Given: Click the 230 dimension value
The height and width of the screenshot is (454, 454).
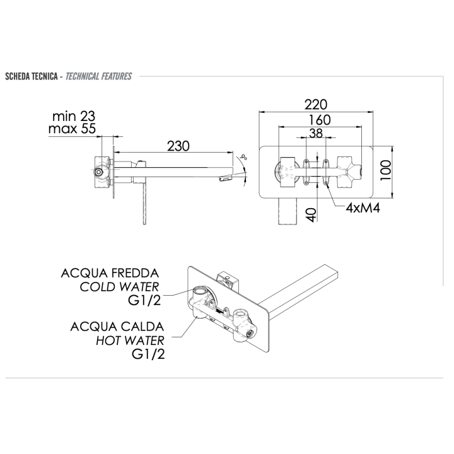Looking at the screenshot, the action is coord(178,146).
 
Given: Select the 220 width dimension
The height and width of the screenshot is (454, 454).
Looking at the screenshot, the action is coord(316,105).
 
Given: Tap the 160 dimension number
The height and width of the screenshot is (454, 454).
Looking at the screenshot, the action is coord(319,120).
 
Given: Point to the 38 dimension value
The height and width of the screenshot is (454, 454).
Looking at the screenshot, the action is coord(316,134).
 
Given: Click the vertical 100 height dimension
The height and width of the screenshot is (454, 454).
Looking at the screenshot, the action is coord(385,170).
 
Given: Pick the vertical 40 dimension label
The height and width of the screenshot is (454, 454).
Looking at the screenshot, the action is coord(312,215).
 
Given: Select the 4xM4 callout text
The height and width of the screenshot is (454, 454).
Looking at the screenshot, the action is coord(363,207).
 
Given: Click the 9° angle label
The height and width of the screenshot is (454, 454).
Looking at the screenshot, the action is coord(245,158).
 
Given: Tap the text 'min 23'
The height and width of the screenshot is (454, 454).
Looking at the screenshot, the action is coord(74,117).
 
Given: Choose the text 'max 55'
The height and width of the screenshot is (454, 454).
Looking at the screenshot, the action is coord(72,129).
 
